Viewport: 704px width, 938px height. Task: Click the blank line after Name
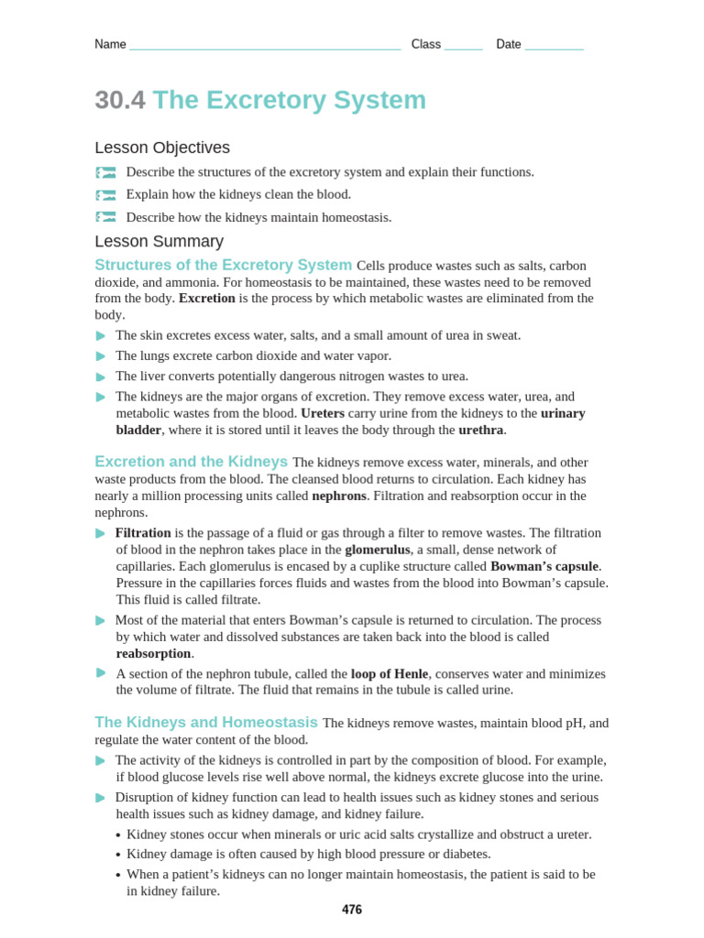pyautogui.click(x=265, y=47)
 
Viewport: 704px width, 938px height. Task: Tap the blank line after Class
pyautogui.click(x=463, y=47)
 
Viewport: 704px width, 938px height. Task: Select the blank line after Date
pyautogui.click(x=554, y=47)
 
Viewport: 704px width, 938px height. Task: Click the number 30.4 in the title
pyautogui.click(x=120, y=100)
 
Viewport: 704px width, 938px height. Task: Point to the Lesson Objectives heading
pyautogui.click(x=162, y=147)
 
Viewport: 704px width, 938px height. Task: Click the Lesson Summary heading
pyautogui.click(x=159, y=241)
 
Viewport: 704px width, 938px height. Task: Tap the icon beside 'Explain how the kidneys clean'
pyautogui.click(x=106, y=195)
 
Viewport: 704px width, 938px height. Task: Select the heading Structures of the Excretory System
pyautogui.click(x=223, y=265)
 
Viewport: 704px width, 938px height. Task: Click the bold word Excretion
pyautogui.click(x=206, y=299)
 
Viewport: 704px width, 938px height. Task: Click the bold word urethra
pyautogui.click(x=480, y=430)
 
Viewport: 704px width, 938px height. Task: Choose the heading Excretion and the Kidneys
pyautogui.click(x=191, y=462)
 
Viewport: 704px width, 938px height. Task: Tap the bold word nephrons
pyautogui.click(x=338, y=496)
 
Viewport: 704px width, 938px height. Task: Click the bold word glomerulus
pyautogui.click(x=377, y=550)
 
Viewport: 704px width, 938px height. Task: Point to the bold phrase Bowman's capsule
pyautogui.click(x=544, y=566)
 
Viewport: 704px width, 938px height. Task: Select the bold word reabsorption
pyautogui.click(x=153, y=653)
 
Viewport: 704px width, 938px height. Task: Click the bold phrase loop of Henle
pyautogui.click(x=390, y=673)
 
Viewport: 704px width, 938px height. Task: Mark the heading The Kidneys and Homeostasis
pyautogui.click(x=206, y=722)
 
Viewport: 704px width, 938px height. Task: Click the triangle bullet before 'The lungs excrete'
pyautogui.click(x=101, y=356)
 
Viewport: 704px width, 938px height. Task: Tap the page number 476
pyautogui.click(x=352, y=910)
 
